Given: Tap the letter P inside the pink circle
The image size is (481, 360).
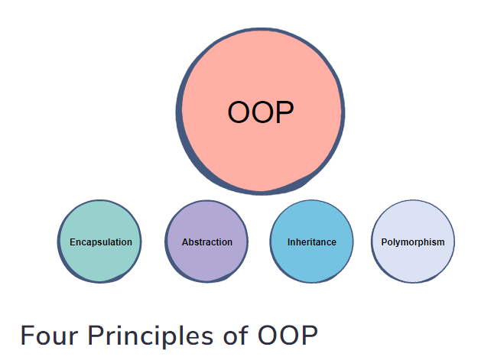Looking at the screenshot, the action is (284, 113).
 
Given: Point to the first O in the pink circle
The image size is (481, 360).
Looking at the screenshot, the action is (239, 113).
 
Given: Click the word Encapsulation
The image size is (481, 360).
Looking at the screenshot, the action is (101, 242).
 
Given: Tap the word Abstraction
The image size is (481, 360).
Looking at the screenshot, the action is (207, 242).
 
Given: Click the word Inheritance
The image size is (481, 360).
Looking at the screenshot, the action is (312, 242).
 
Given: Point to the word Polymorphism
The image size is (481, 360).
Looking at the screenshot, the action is (413, 242).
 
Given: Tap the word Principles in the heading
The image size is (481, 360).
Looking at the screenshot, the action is (148, 337).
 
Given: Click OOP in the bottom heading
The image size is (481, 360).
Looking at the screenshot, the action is (287, 337).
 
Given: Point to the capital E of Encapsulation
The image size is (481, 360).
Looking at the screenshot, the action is (73, 242).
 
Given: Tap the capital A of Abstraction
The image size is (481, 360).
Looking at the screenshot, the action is (185, 242).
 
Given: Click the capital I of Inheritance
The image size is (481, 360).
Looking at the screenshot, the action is (289, 242).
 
